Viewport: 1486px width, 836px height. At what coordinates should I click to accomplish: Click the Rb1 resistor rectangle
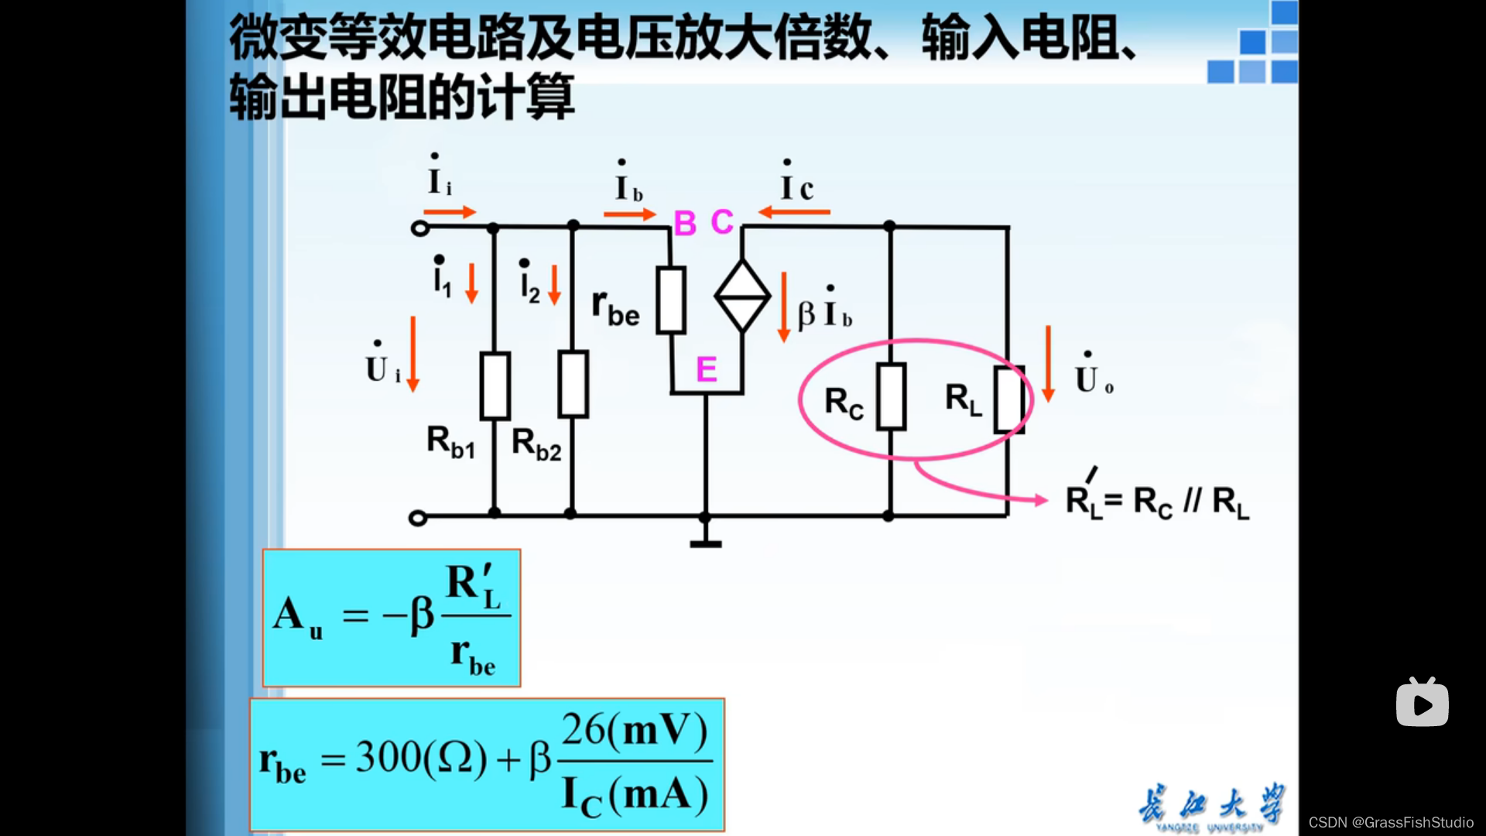click(495, 386)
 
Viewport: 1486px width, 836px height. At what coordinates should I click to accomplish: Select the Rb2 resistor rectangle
click(573, 384)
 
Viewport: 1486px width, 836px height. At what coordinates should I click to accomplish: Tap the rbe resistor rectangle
click(671, 300)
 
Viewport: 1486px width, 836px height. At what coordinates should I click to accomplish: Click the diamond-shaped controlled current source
click(742, 296)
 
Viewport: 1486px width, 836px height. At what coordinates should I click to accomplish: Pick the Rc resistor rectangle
click(891, 396)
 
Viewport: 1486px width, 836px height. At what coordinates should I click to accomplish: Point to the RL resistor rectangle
click(1009, 400)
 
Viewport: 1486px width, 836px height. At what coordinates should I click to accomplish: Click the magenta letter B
click(685, 224)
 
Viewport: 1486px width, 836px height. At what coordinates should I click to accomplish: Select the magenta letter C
click(722, 222)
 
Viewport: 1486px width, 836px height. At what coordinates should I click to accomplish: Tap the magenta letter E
click(706, 369)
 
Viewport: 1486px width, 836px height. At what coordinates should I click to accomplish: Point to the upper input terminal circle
click(419, 228)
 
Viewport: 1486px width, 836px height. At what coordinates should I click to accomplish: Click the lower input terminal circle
click(418, 518)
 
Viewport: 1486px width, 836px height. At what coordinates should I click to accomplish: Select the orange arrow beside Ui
click(413, 354)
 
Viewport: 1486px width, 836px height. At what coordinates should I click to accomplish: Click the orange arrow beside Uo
click(1048, 364)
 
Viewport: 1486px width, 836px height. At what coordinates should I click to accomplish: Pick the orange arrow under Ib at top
click(629, 214)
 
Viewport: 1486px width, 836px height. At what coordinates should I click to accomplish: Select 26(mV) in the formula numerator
click(634, 730)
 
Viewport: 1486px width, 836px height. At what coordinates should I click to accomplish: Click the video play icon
click(1422, 703)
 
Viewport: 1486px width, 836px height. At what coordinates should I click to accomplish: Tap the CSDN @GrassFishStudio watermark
click(1391, 822)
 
